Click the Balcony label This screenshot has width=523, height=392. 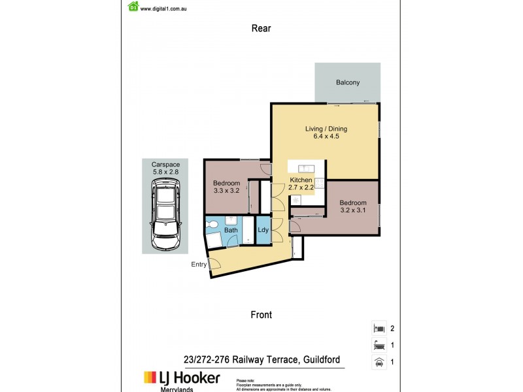click(x=348, y=82)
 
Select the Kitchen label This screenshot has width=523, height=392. click(x=301, y=180)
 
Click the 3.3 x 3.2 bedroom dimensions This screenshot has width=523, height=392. click(x=227, y=191)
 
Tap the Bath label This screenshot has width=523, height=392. click(x=231, y=230)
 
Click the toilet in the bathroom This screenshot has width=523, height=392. click(x=212, y=225)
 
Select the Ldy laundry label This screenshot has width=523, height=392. click(x=262, y=230)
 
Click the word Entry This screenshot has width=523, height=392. click(x=199, y=265)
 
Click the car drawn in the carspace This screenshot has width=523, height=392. click(x=165, y=216)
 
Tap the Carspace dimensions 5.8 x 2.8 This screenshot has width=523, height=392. click(x=165, y=172)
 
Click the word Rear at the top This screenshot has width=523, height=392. click(x=261, y=28)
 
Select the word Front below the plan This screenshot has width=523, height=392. click(x=261, y=314)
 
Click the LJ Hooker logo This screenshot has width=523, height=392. click(x=182, y=378)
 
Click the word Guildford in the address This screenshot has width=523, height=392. click(x=316, y=359)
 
